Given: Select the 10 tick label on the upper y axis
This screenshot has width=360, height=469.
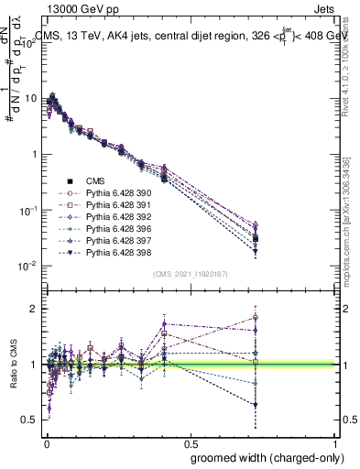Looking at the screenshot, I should click(x=31, y=98).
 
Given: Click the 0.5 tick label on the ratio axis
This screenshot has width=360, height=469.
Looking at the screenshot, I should click(x=30, y=420).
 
